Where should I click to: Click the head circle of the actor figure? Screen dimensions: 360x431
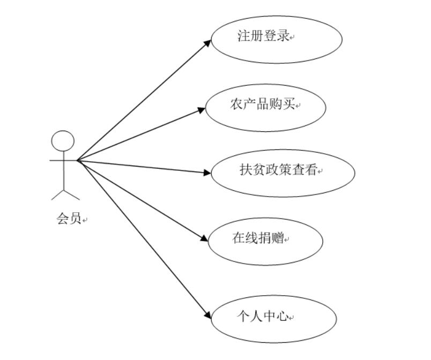(x=63, y=140)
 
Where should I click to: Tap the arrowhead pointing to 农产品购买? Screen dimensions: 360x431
(x=202, y=110)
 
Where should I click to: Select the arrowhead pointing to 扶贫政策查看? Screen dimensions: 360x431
(x=209, y=172)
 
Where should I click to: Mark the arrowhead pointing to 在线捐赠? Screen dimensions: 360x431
(x=204, y=239)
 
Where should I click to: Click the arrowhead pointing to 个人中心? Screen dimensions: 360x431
(x=208, y=317)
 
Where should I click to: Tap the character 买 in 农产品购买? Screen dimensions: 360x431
(x=289, y=105)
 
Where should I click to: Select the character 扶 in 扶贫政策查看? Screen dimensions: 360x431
(x=246, y=171)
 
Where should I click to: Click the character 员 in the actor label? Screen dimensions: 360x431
(x=76, y=219)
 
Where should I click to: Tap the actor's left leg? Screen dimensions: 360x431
(x=57, y=194)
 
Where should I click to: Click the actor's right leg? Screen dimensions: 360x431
(x=71, y=194)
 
